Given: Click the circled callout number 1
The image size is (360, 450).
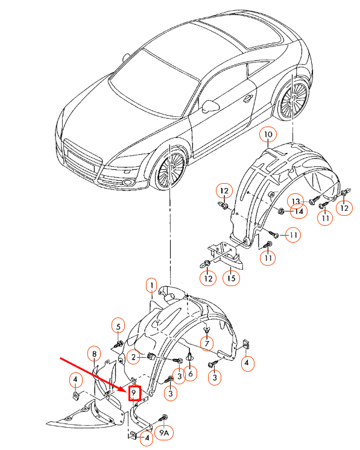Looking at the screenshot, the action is (x=151, y=286).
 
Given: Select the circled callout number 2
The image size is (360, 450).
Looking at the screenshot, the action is (x=133, y=357).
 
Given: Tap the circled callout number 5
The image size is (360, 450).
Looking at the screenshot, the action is (x=118, y=326).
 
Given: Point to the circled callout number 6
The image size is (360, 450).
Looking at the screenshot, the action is (x=190, y=373).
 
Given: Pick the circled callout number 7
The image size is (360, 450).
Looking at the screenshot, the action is (x=207, y=343).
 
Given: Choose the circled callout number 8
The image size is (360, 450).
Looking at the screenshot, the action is (x=94, y=354).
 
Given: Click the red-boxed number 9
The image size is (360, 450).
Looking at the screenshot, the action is (x=134, y=393).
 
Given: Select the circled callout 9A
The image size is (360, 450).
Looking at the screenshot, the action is (x=165, y=433).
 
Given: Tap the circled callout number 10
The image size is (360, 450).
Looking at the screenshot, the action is (x=268, y=134).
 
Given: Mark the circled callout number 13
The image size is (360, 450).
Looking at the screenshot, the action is (x=296, y=201).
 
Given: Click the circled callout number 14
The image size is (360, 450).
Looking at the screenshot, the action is (x=299, y=211).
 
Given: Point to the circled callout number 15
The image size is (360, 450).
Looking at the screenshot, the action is (x=232, y=278).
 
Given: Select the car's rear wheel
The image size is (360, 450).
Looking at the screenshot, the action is (x=294, y=99).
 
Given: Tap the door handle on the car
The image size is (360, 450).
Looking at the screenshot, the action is (x=247, y=98).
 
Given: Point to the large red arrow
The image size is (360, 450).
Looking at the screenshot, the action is (x=93, y=374).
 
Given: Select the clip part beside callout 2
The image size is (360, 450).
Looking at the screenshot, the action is (x=151, y=356).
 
